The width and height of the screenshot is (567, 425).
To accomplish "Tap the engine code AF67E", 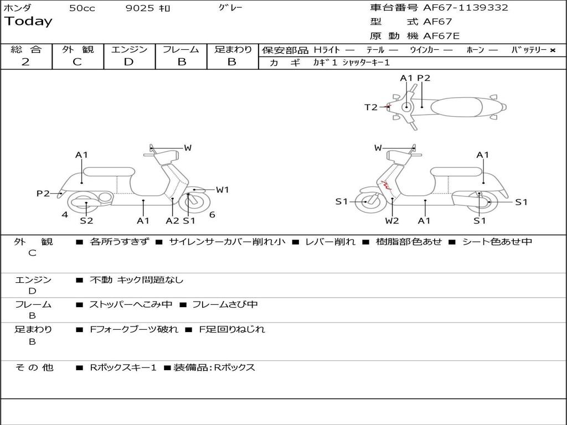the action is coord(441,37).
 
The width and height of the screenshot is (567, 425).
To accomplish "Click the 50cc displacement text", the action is coord(82,8).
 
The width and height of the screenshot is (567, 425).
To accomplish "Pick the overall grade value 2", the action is coord(25,62).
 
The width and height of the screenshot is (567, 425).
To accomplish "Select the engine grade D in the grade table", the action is coord(128,62).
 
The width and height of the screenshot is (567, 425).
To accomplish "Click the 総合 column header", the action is coord(26,50).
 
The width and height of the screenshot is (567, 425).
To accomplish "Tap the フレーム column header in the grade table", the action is coord(181,50).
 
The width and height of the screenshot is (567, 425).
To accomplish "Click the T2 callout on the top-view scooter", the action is coord(370,107).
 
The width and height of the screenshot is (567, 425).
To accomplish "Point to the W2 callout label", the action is coord(392,221).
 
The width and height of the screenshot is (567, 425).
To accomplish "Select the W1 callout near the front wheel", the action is coord(223,190).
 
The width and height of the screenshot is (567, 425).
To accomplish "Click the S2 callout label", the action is coord(86,221).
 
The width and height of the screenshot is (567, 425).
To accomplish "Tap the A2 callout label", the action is coord(173,221).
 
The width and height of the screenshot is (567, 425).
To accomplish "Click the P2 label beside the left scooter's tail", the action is coord(43,193).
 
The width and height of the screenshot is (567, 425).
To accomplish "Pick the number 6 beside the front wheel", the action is coord(212,215).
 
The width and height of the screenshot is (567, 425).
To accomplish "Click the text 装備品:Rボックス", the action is coord(215,367).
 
